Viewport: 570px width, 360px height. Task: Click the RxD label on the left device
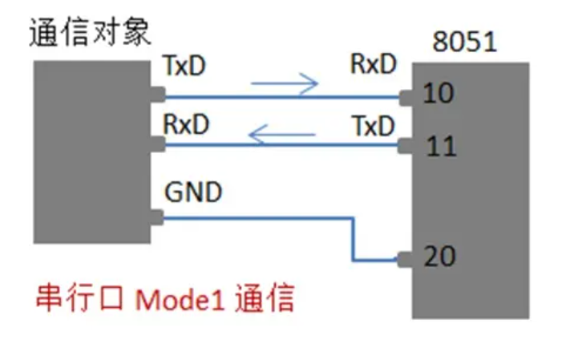point(185,126)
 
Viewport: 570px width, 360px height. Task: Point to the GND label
point(193,192)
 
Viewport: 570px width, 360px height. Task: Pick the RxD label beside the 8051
point(374,65)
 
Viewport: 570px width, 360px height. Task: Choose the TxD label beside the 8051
point(374,126)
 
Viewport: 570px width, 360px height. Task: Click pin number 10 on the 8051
point(439,94)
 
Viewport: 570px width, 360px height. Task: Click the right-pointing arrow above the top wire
point(285,82)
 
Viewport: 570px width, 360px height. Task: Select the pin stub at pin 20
point(406,259)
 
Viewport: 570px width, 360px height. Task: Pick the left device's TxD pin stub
point(158,95)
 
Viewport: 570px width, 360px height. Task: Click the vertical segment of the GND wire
point(353,238)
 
